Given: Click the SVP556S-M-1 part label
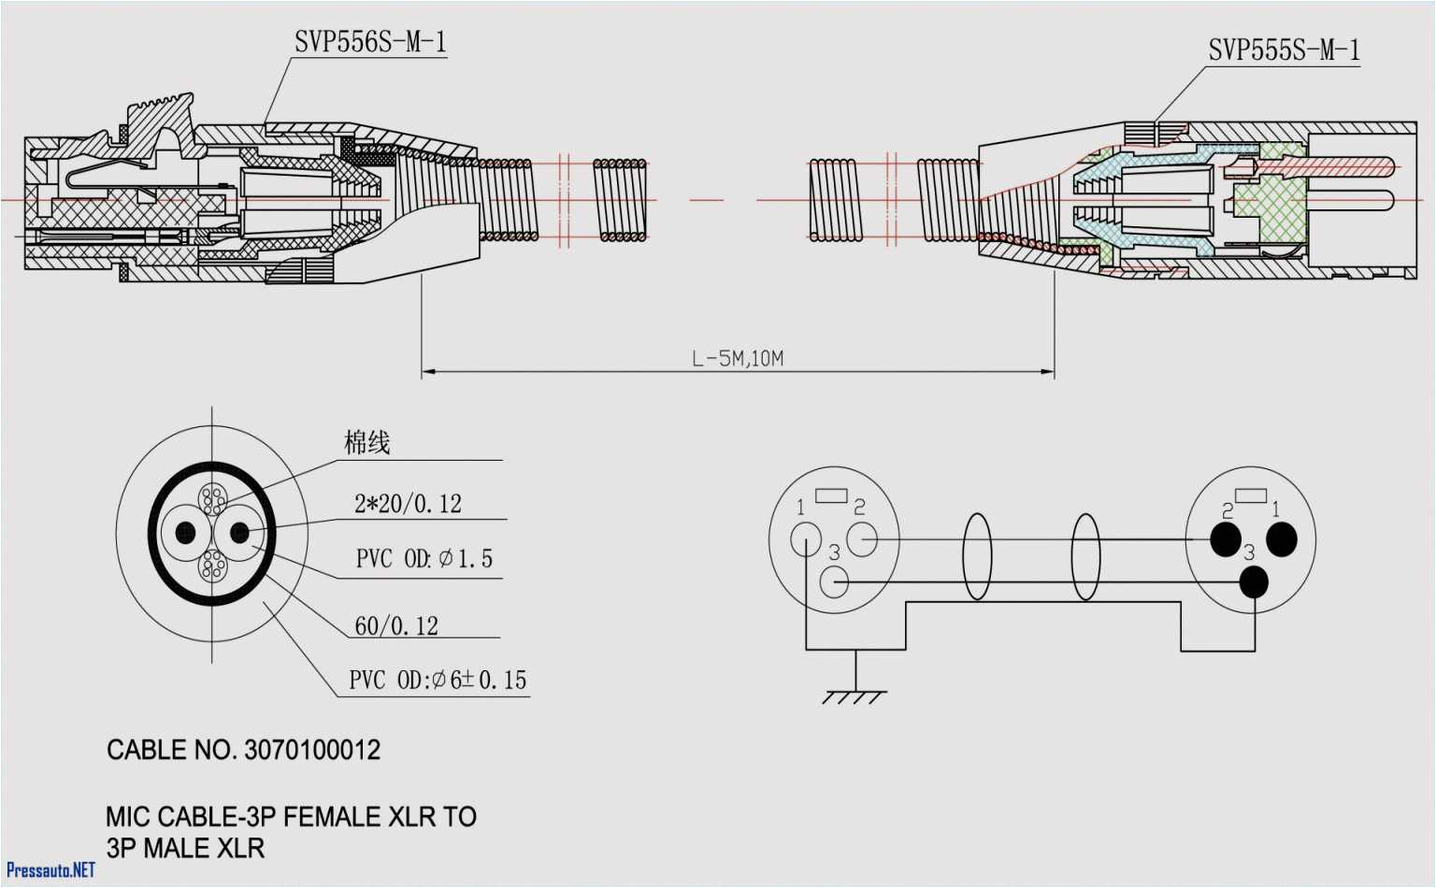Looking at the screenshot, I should coord(370,43).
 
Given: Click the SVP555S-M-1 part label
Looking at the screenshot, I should coord(1284,50).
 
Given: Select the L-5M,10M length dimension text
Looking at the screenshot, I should coord(738,359).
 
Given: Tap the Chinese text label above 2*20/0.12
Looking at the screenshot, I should coord(366,442).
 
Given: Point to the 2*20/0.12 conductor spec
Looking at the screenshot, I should coord(408,505).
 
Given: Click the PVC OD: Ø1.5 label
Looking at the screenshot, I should coord(424,559).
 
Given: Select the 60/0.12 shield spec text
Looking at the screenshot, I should coord(396,625).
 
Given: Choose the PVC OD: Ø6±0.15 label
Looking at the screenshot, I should coord(438,680).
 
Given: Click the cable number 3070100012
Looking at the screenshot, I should coord(312,751).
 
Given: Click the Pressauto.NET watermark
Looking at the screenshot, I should coord(50,870).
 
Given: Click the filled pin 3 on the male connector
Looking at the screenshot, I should coord(1254,582).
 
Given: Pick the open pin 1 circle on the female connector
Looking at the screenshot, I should coord(806,539).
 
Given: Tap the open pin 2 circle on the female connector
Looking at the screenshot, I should coord(862,539).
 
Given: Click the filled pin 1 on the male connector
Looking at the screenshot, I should coord(1282,539).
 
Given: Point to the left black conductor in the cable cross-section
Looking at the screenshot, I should coord(185,533).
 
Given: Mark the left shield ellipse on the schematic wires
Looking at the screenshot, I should coord(977,557).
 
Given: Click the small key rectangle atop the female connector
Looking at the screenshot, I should coord(831,495).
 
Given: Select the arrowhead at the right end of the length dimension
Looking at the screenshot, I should coord(1048,372).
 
